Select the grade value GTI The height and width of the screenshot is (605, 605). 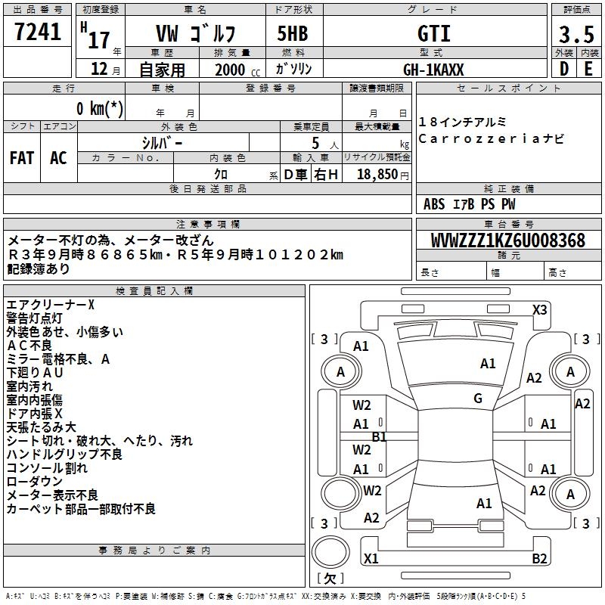point(433,33)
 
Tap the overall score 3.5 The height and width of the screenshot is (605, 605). point(576,35)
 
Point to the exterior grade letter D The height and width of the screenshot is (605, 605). point(563,69)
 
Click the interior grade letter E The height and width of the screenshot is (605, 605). point(588,69)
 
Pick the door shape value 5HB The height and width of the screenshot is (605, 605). point(287,33)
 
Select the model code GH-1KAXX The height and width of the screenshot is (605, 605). point(433,70)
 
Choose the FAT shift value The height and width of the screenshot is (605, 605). point(22,158)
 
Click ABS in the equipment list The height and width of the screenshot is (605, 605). point(434,204)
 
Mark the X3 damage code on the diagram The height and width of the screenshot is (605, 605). point(539,309)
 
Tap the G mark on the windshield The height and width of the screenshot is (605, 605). point(478,399)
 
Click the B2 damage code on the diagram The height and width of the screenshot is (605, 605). point(539,559)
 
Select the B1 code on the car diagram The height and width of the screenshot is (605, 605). point(379,436)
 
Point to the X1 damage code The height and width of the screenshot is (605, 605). point(371,559)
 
